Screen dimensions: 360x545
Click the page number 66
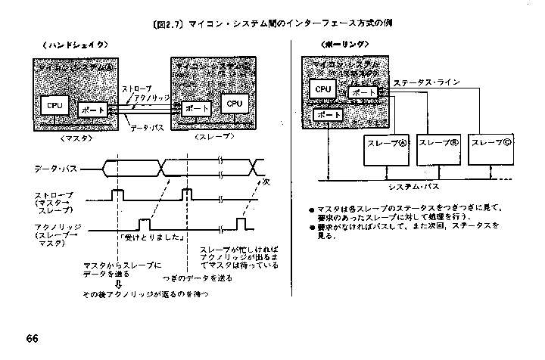[x=31, y=337]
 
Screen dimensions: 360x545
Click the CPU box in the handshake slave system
[x=234, y=103]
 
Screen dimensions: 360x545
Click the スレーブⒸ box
[x=490, y=144]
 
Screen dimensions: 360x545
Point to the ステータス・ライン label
[x=429, y=83]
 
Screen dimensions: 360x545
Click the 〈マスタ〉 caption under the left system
[x=75, y=138]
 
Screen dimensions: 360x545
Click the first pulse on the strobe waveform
[x=118, y=195]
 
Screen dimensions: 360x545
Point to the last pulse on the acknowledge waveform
[x=241, y=224]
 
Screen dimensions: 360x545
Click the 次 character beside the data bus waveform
[x=266, y=181]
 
